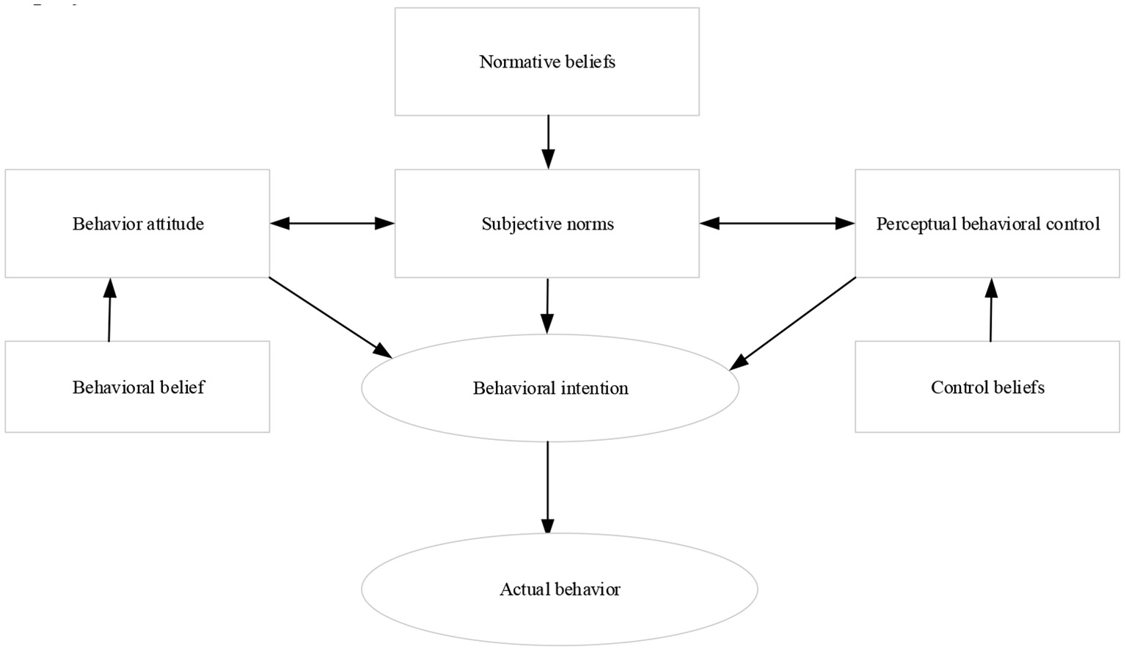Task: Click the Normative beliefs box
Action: coord(546,62)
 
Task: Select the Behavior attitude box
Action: coord(137,224)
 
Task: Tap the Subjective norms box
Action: coord(546,224)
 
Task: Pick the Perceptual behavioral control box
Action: coord(987,224)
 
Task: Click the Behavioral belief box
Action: coord(137,387)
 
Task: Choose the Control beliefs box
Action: coord(987,387)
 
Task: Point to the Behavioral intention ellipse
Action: coord(550,388)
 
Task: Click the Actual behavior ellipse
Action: coord(559,589)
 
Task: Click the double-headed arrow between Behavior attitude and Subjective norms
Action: coord(332,224)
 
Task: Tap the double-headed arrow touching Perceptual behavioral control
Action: coord(777,224)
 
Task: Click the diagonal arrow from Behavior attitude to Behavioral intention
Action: coord(330,317)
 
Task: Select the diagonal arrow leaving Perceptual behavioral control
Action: coord(794,323)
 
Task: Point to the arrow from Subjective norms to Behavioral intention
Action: coord(547,305)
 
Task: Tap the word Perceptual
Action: coord(907,224)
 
